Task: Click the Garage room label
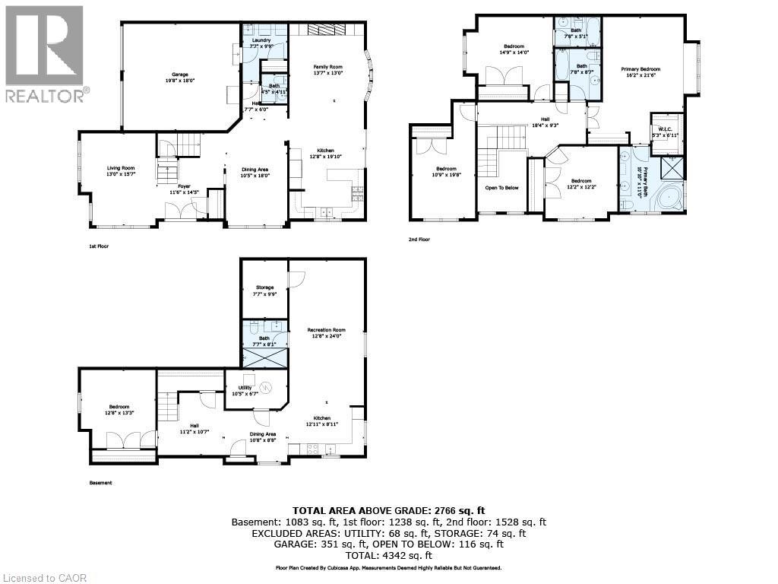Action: (x=179, y=74)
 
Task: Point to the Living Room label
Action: (x=119, y=168)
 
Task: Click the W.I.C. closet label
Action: (x=663, y=129)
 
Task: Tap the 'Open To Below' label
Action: (x=501, y=187)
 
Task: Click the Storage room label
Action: (x=264, y=287)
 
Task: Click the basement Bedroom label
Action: (x=119, y=407)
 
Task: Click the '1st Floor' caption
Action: (x=100, y=246)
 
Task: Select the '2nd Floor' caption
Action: (x=419, y=240)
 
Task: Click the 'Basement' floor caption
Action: (x=100, y=483)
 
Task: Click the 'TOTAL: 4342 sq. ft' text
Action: (x=388, y=556)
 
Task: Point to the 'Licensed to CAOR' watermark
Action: (x=44, y=578)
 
